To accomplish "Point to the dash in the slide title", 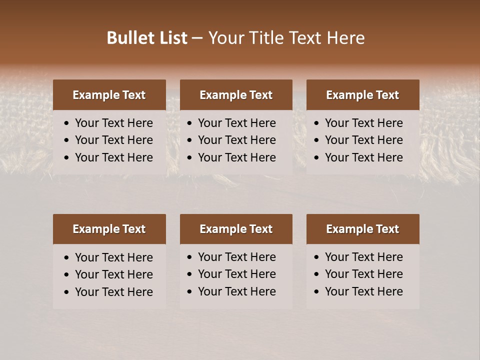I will (197, 38).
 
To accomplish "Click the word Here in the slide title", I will (345, 38).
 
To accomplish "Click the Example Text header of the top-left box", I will (109, 95).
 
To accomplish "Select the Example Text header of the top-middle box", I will (236, 95).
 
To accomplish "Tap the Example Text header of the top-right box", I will (362, 95).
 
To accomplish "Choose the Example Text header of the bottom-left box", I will (109, 229).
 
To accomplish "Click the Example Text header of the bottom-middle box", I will (236, 229).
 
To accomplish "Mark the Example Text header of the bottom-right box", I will (362, 229).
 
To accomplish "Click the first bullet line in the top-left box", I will (113, 123).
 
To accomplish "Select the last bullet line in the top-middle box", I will (236, 157).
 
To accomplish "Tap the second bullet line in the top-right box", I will (363, 140).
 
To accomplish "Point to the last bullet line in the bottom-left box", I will (113, 292).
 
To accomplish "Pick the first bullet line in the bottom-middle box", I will (236, 257).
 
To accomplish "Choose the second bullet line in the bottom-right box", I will (363, 274).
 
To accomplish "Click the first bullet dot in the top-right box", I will (316, 123).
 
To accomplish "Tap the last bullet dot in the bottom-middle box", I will (189, 292).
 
